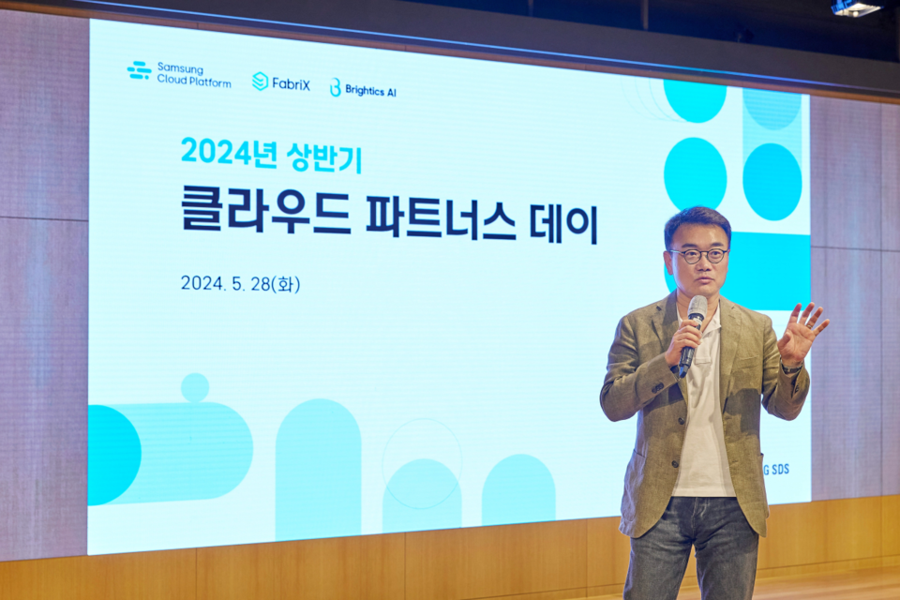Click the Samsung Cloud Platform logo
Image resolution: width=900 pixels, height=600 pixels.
click(x=179, y=74)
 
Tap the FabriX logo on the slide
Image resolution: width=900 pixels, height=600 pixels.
click(x=281, y=82)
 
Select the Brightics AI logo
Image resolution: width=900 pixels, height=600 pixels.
click(x=363, y=88)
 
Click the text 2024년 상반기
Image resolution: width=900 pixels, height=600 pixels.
click(x=271, y=153)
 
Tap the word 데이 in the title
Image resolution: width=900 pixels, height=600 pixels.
click(x=568, y=221)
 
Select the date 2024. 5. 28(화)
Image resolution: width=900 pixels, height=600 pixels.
click(x=240, y=283)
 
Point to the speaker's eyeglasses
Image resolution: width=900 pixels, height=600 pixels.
click(x=698, y=255)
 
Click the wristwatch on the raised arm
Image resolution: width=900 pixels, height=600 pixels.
click(x=793, y=368)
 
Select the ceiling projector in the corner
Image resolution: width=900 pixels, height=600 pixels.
click(x=857, y=7)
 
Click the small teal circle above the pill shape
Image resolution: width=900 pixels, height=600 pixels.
click(x=195, y=386)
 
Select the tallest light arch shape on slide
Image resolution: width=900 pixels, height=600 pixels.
click(x=319, y=469)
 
